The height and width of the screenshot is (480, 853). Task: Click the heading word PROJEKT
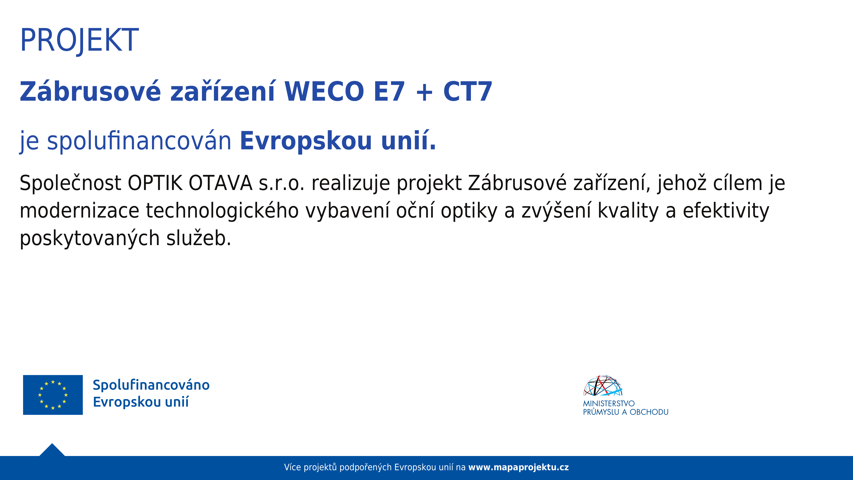click(80, 40)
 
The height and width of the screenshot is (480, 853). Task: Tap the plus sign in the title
click(424, 92)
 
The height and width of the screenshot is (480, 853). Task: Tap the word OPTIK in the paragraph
click(155, 183)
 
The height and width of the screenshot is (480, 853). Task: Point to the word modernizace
click(80, 211)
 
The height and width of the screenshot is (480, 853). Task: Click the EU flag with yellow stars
click(53, 395)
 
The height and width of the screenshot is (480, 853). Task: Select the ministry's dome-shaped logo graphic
click(603, 386)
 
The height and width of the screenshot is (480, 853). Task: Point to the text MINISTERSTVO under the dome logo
click(609, 404)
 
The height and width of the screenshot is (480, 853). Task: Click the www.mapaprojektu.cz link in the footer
click(518, 467)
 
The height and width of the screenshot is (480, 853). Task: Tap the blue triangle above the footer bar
click(52, 450)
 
